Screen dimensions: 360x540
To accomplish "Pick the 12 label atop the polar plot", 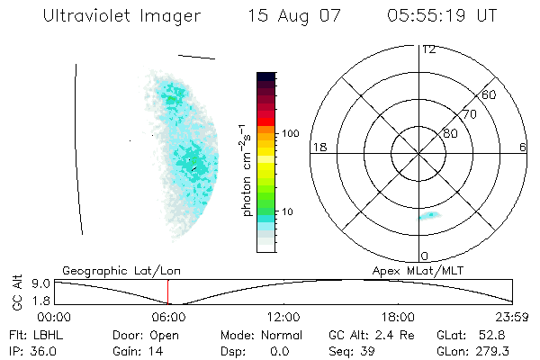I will click(428, 49).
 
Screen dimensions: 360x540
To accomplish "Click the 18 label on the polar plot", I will click(318, 147).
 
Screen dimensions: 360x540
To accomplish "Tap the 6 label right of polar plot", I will click(523, 147).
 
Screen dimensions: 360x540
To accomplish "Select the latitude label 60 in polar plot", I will click(490, 94).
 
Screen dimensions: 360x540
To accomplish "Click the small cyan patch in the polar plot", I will click(428, 216).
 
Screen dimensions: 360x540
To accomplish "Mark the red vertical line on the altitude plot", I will click(167, 292).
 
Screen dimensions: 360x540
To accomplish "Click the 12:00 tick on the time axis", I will click(283, 316).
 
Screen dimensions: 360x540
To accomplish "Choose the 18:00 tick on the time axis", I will click(398, 316).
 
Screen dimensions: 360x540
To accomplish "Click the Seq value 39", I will click(370, 350).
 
